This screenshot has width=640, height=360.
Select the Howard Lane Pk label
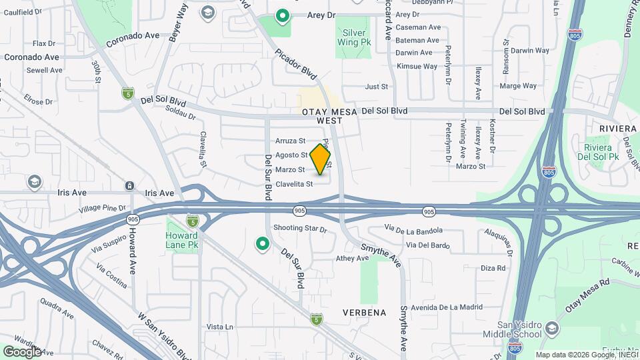coord(182,240)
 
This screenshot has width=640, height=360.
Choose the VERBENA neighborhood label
coord(365,313)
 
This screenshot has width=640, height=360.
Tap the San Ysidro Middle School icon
coord(551,327)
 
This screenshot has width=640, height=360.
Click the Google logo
coord(22,351)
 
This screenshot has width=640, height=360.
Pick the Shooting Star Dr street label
coord(301,229)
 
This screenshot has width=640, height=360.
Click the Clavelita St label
coord(294,184)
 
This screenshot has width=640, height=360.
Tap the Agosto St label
coord(291,155)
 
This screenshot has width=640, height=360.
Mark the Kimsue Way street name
coord(417,67)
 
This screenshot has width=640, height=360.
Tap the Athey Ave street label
coord(352,258)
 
